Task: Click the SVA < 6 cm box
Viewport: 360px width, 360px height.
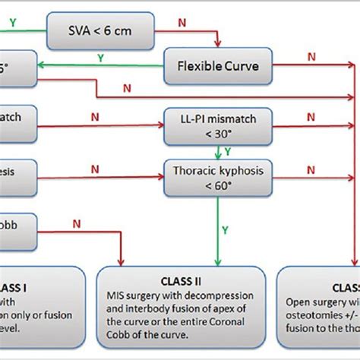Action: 93,31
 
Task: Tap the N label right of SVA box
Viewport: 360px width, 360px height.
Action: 183,23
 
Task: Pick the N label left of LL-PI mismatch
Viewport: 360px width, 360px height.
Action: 94,118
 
